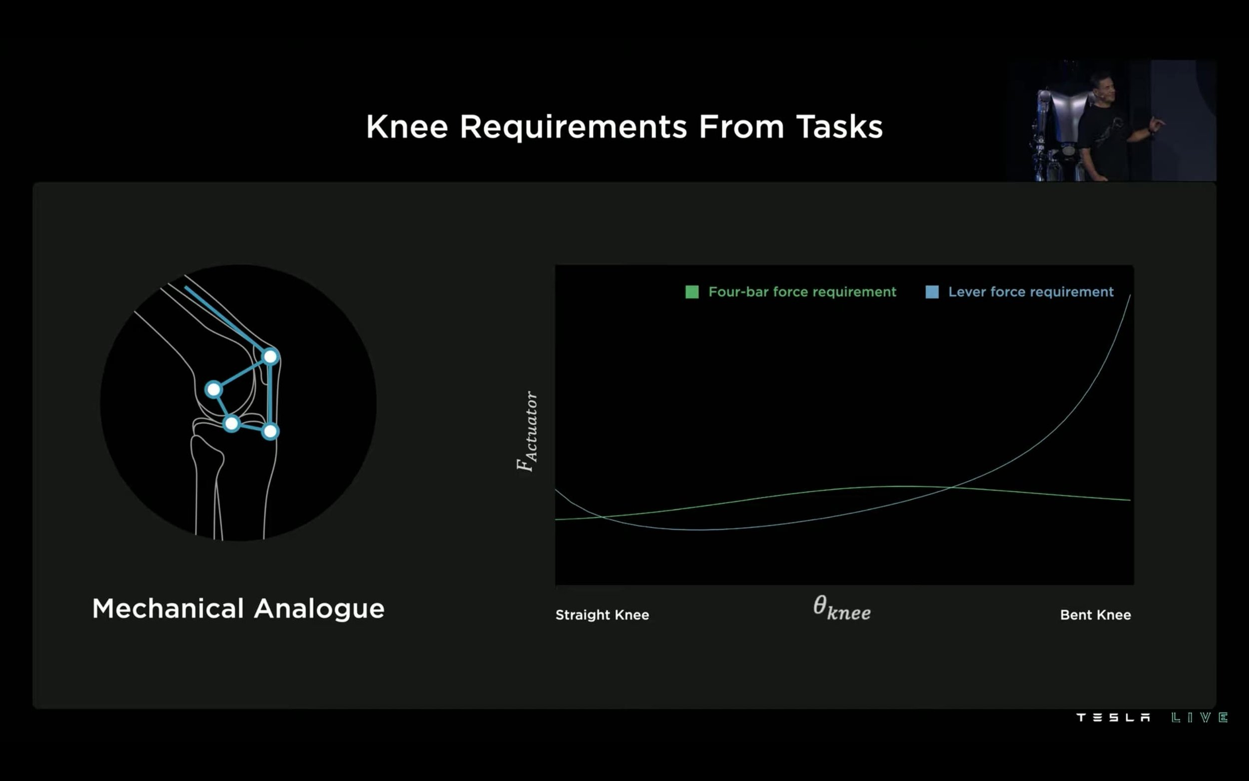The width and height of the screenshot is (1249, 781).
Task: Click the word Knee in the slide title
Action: click(407, 127)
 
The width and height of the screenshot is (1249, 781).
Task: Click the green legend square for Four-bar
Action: click(692, 292)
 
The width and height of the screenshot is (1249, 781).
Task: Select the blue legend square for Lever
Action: click(932, 292)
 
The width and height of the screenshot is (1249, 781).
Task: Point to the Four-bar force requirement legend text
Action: click(802, 292)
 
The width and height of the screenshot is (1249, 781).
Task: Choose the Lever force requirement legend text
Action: click(1031, 292)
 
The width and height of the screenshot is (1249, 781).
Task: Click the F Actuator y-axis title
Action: click(527, 431)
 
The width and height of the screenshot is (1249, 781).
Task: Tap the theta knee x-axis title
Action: click(842, 608)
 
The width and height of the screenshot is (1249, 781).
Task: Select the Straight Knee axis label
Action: click(602, 615)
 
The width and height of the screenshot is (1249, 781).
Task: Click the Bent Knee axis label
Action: click(1095, 615)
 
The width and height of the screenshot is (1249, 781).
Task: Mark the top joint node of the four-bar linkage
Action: click(271, 356)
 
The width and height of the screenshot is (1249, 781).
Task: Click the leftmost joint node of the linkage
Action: click(213, 389)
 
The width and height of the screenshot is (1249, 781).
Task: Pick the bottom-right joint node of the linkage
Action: click(270, 431)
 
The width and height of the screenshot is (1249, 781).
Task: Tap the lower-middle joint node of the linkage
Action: click(232, 424)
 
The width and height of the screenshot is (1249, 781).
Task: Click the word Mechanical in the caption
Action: click(168, 609)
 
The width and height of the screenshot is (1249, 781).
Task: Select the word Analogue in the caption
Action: click(319, 610)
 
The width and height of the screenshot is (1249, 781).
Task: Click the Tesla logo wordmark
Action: click(1113, 718)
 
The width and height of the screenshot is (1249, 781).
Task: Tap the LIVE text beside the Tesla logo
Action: click(1200, 718)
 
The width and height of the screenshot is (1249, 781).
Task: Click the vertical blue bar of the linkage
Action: click(270, 394)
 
